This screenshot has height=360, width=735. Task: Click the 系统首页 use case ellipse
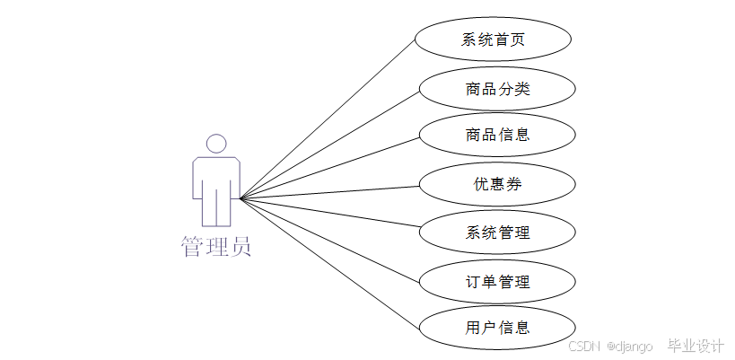pos(493,40)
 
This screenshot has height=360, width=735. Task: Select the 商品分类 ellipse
pos(497,89)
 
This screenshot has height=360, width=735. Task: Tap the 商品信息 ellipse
pos(497,135)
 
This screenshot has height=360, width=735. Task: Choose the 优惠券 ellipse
pos(497,184)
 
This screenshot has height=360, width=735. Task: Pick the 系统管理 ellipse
pos(497,233)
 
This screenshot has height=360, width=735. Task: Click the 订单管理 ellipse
pos(497,281)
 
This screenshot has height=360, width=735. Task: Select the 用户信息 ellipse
pos(497,328)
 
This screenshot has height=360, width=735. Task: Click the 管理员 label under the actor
pos(216,246)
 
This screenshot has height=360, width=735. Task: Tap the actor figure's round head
pos(215,144)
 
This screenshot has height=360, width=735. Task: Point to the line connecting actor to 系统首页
pos(328,119)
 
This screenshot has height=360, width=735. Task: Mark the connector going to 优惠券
pos(330,192)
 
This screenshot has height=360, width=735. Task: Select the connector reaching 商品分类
pos(330,145)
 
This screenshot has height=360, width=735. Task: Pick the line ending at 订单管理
pos(330,240)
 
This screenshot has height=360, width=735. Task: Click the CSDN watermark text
pos(583,347)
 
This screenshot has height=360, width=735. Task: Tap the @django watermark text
pos(630,347)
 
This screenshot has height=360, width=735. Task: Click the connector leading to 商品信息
pos(330,168)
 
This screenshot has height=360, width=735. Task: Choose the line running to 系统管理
pos(330,215)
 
